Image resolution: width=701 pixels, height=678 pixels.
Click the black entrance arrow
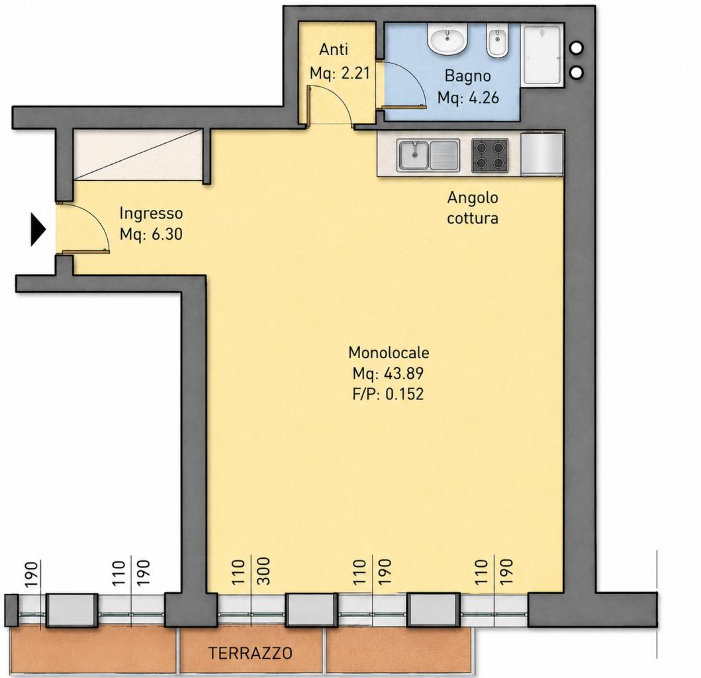click(38, 230)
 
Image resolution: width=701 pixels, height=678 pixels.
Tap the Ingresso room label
click(151, 213)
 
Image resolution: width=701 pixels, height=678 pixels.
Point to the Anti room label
click(334, 50)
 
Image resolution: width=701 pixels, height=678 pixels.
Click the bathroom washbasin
click(447, 39)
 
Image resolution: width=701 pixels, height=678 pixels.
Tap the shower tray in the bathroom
click(543, 55)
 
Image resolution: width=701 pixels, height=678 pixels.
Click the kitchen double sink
click(428, 155)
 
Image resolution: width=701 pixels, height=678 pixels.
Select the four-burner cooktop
click(490, 155)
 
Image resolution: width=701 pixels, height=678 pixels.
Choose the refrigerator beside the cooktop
click(541, 154)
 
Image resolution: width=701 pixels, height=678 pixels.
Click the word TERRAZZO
click(250, 653)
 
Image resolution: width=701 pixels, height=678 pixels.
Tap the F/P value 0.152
click(404, 393)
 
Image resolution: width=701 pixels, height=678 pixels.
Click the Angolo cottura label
click(473, 207)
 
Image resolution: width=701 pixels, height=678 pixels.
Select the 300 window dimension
click(264, 571)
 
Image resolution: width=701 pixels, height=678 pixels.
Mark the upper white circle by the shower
click(577, 48)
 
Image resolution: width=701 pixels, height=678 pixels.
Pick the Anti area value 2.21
click(356, 72)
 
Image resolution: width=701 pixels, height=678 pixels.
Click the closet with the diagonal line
click(138, 154)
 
